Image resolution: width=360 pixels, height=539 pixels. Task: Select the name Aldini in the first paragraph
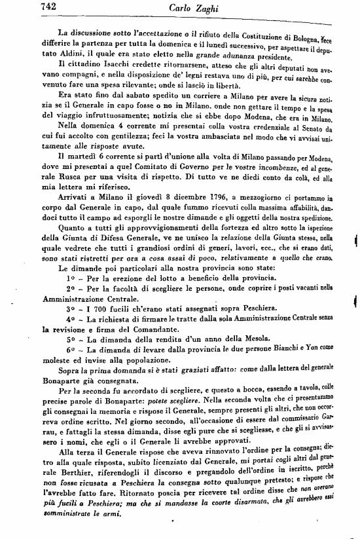(x=75, y=51)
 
